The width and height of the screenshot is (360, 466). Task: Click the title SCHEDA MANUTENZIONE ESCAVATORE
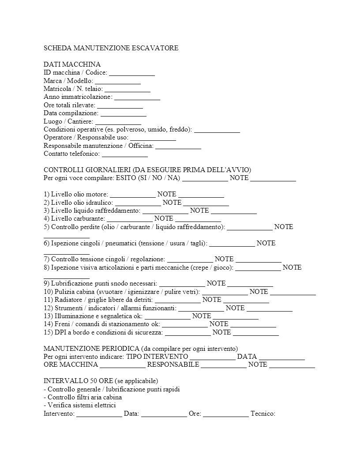(111, 48)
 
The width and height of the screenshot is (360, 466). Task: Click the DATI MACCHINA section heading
(72, 64)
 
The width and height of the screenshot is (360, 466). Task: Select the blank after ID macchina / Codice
(132, 73)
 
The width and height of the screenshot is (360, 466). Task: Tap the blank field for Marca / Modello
(118, 81)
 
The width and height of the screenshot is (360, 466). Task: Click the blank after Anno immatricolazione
(137, 98)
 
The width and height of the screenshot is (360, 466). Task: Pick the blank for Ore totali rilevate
(120, 105)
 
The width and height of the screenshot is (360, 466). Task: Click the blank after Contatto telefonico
(125, 154)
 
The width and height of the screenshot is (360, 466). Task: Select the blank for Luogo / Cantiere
(118, 122)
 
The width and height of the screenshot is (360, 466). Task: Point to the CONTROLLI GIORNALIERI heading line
(147, 170)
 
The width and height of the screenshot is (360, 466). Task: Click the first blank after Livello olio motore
(133, 195)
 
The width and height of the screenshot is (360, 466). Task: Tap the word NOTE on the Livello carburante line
(164, 219)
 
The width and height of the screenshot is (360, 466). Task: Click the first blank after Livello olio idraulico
(138, 203)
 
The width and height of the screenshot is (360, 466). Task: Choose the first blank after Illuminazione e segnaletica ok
(168, 316)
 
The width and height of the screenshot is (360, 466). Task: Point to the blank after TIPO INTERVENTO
(213, 357)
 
